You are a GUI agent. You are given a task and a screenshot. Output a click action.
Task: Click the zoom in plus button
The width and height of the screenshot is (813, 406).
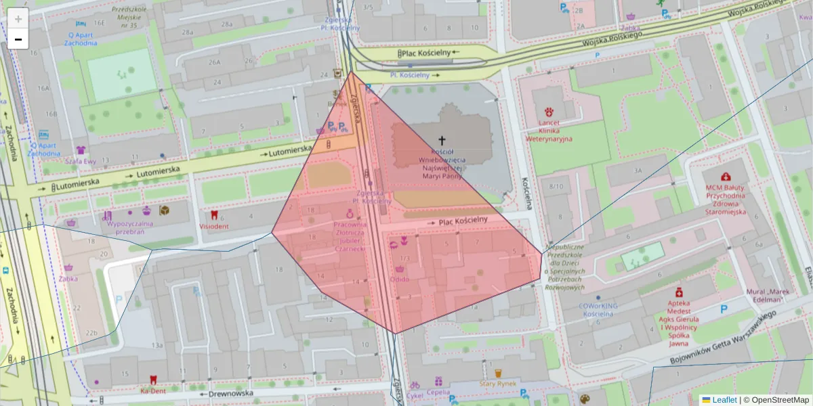click(x=18, y=19)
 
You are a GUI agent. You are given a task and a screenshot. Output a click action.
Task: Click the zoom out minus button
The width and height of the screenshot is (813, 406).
click(x=18, y=39)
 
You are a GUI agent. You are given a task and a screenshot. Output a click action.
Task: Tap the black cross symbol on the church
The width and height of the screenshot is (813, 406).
click(x=442, y=141)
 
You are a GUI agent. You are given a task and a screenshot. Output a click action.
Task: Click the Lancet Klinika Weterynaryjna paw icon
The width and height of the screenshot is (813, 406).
click(x=549, y=110)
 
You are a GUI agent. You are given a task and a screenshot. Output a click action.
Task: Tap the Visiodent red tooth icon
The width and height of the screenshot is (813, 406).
click(x=214, y=215)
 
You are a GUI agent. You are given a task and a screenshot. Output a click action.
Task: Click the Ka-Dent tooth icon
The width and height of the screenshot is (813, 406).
click(x=152, y=380)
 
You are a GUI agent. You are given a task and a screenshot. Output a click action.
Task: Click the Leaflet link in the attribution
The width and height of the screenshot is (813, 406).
click(x=724, y=400)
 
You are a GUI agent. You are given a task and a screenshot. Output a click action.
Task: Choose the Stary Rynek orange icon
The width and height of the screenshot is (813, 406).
click(x=498, y=373)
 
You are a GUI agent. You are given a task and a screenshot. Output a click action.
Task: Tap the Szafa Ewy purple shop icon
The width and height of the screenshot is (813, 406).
click(x=81, y=150)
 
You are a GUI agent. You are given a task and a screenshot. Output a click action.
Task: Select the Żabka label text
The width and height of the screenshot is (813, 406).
click(x=68, y=278)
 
